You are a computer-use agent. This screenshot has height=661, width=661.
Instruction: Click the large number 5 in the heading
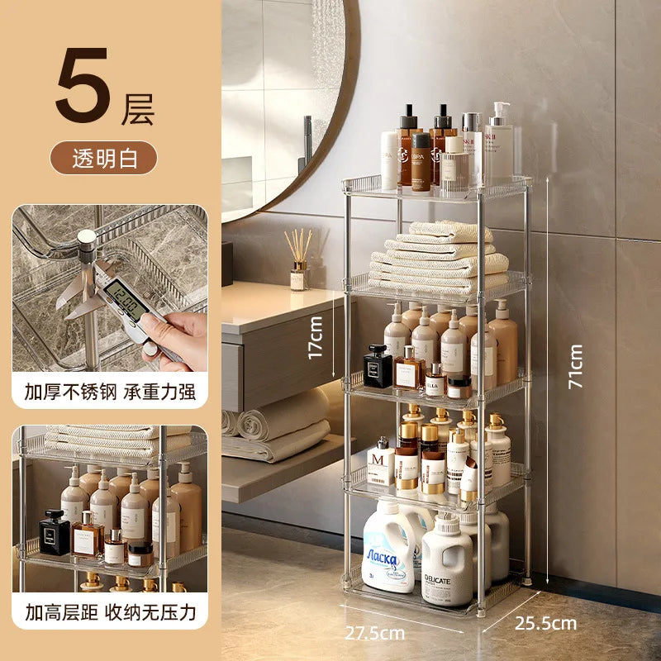coord(83,87)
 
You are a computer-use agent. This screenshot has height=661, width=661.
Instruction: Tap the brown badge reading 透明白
coord(102,157)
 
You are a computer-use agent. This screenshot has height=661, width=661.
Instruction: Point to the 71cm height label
coord(576,366)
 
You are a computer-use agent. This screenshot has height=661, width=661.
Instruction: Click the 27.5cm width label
coord(374,633)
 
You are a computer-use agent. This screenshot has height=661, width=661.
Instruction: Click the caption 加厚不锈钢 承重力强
coord(109,391)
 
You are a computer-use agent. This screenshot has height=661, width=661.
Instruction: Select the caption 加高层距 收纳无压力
coord(109,612)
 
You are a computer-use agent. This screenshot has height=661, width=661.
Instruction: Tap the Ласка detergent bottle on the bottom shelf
coord(389,549)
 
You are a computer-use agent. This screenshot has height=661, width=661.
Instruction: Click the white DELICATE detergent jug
coord(446,561)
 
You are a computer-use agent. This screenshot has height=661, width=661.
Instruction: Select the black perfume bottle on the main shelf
coord(378,368)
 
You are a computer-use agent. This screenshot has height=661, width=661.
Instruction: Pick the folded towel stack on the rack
coord(438,256)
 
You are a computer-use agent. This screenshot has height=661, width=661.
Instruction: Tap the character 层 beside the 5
coord(137,109)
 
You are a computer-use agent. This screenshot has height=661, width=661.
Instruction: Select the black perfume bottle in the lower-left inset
coord(55,533)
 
